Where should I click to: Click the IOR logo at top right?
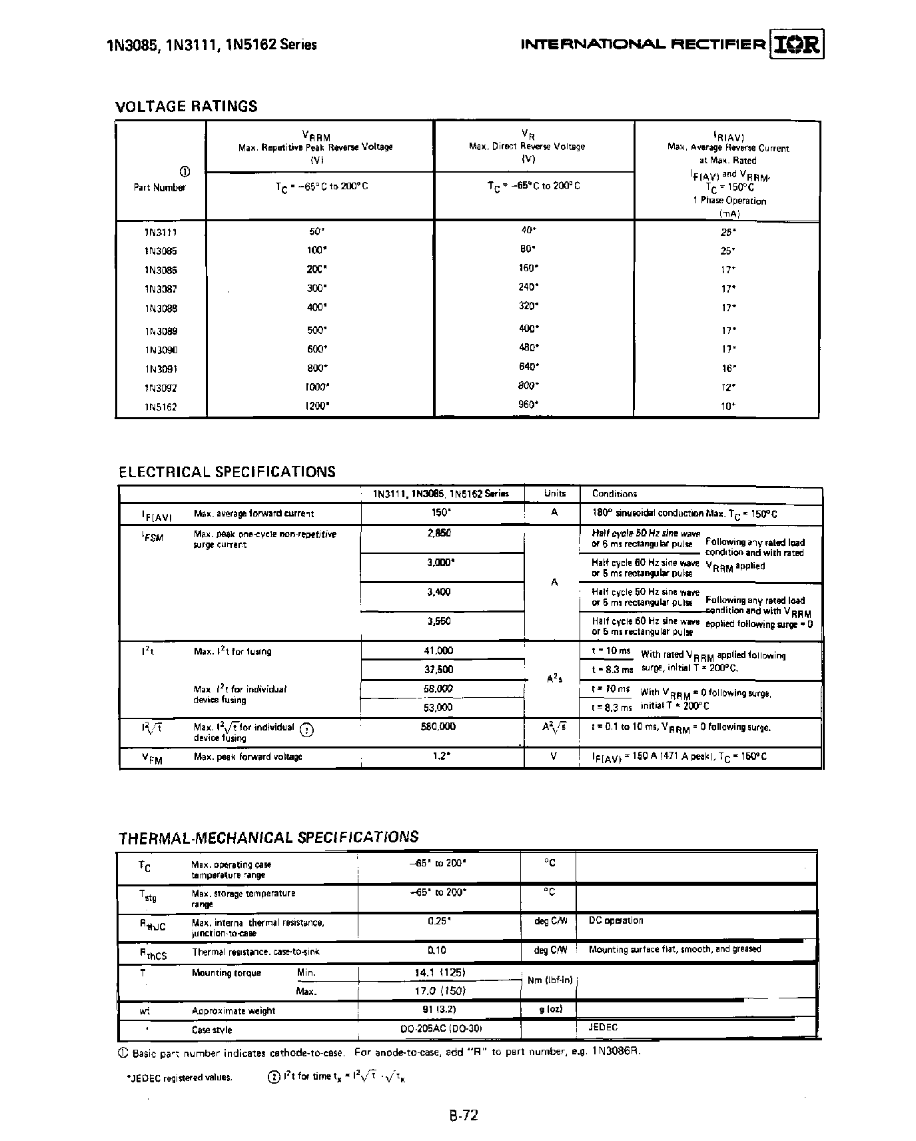[x=797, y=44]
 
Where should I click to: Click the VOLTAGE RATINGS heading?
[x=186, y=106]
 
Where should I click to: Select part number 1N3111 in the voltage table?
[x=160, y=232]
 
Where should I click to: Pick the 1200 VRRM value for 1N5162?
[x=316, y=405]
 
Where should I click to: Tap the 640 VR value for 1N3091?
[x=528, y=365]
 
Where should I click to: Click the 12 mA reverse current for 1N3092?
[x=728, y=387]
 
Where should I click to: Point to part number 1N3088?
[x=160, y=309]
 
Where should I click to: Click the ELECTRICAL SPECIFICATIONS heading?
[x=227, y=472]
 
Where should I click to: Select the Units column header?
[x=554, y=493]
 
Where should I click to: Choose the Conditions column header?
[x=614, y=494]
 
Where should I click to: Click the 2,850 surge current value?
[x=439, y=533]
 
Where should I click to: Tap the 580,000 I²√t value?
[x=438, y=726]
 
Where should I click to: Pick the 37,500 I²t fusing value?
[x=438, y=669]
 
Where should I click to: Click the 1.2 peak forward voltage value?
[x=438, y=756]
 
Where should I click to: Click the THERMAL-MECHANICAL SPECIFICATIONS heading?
[x=268, y=837]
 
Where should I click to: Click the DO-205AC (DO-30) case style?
[x=440, y=1029]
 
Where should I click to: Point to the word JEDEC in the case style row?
[x=603, y=1027]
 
